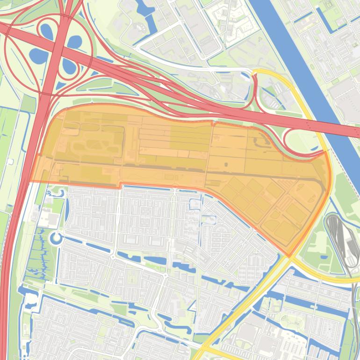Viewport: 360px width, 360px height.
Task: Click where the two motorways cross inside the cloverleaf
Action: (58, 48)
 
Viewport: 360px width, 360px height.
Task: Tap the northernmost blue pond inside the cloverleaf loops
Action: (46, 31)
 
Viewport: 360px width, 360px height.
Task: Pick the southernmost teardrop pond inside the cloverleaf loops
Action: (69, 67)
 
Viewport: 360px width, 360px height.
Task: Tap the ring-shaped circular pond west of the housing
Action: (56, 238)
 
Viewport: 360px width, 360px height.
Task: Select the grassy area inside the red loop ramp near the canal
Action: (299, 140)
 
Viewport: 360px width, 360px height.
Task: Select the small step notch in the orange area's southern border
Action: (120, 186)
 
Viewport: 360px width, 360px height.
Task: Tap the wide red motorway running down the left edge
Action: (12, 257)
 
